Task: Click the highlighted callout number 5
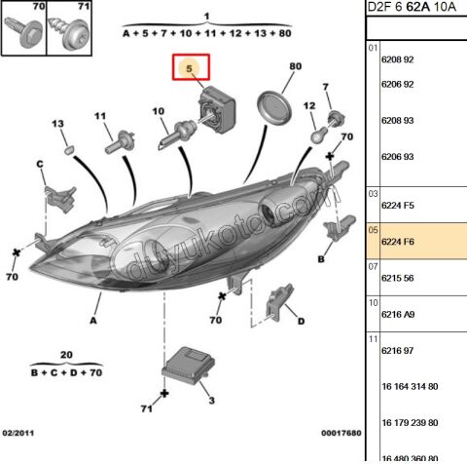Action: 191,69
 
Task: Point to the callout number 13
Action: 57,124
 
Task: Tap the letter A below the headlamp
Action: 94,320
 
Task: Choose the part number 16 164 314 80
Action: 410,385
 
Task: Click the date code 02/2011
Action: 18,432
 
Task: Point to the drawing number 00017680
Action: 341,432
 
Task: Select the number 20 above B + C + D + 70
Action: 65,354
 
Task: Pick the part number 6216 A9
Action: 397,314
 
